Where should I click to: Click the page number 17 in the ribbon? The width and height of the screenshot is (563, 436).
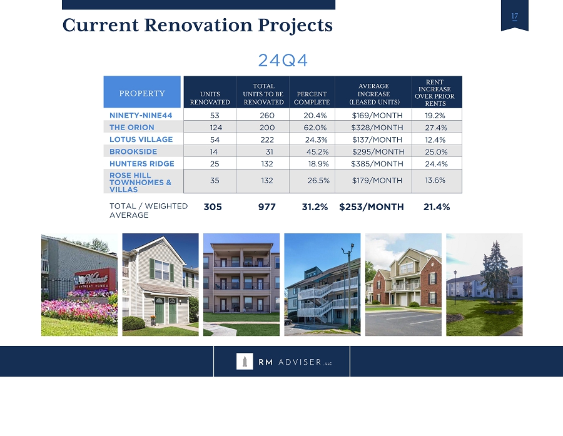tap(515, 16)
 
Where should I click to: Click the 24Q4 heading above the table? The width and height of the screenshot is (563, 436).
tap(283, 60)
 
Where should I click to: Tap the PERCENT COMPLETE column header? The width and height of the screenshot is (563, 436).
tap(312, 98)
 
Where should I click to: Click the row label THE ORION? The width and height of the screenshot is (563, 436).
tap(132, 128)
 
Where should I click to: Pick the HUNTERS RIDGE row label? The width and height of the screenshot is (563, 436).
tap(142, 164)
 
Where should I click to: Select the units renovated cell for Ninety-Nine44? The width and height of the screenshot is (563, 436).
tap(215, 116)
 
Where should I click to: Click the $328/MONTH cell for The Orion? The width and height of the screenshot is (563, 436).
tap(377, 128)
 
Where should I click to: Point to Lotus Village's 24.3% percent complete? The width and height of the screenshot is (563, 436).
tap(316, 139)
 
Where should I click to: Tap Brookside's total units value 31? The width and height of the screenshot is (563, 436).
tap(269, 152)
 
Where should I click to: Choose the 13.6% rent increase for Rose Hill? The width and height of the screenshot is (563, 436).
tap(435, 180)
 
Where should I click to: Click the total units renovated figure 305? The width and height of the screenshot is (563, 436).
tap(213, 207)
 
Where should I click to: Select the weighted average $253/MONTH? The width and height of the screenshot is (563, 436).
tap(372, 207)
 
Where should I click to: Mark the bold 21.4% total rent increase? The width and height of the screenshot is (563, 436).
tap(437, 207)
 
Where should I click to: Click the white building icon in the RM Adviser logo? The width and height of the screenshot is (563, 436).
tap(245, 362)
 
